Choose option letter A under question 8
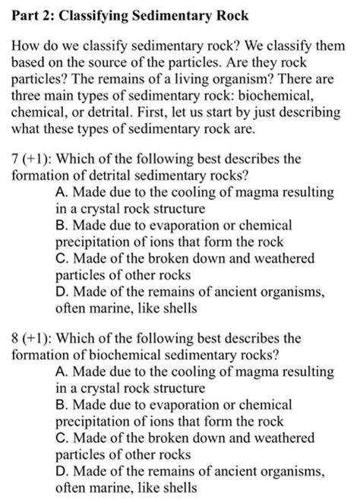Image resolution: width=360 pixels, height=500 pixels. click(x=62, y=369)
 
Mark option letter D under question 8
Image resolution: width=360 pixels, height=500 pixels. click(x=62, y=470)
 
